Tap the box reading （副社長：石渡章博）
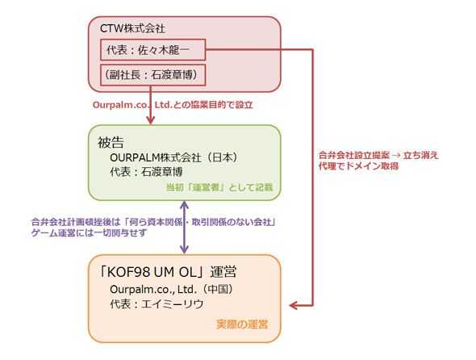(x=153, y=77)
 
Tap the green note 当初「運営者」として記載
(x=219, y=187)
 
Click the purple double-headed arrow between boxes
(x=185, y=228)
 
